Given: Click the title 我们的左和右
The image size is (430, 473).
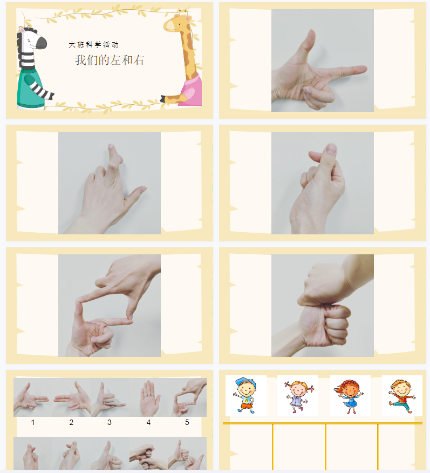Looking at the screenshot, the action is (110, 60).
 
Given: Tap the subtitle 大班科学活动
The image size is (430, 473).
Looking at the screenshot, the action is (94, 45).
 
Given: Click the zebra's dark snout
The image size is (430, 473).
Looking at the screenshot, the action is (42, 43).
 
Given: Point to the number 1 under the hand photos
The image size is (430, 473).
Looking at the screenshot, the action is (32, 422).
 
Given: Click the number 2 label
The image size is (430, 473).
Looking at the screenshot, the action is (71, 422).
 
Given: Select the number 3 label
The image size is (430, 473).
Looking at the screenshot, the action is (110, 422).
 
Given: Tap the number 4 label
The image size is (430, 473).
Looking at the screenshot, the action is (148, 422).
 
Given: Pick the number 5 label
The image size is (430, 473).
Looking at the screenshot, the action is (187, 422).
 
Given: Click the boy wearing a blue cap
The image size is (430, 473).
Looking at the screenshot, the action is (245, 395).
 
